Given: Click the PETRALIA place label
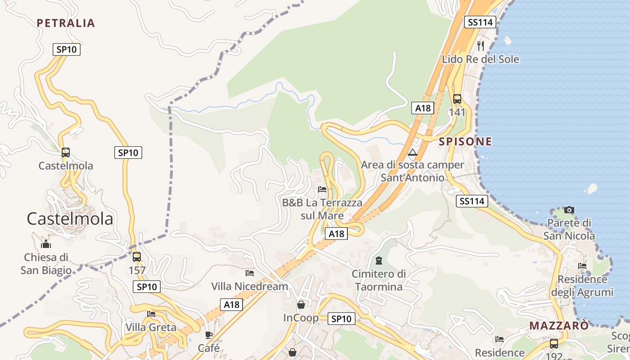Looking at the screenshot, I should (x=66, y=23).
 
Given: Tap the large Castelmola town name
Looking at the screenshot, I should (x=70, y=219).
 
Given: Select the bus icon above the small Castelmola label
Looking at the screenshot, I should (x=66, y=153).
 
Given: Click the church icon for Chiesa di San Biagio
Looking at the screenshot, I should (x=46, y=244).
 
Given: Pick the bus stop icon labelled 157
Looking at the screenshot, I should (x=137, y=257).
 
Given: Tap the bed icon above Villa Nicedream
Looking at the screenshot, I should (x=250, y=273).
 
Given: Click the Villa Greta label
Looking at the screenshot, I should (x=151, y=327).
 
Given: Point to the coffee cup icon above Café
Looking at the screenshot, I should (x=209, y=335).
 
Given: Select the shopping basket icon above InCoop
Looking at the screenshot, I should (x=301, y=305).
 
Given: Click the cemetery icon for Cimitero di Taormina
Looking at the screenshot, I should (x=378, y=261).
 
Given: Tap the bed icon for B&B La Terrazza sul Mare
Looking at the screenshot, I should (x=322, y=189).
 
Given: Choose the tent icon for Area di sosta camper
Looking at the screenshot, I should (x=413, y=152).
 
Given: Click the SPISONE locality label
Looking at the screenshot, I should (x=465, y=141).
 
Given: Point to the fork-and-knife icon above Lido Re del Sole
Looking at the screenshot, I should (x=481, y=45).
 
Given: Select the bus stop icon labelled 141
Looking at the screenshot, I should (x=457, y=99).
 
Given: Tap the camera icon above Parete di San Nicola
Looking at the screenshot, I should (x=569, y=210).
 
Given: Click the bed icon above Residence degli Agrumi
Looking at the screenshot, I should (x=582, y=266).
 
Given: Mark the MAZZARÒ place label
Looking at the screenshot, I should (x=559, y=326).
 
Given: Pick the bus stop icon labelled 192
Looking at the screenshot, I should (x=554, y=344).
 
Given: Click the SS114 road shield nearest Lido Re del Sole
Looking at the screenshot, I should (x=480, y=22).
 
